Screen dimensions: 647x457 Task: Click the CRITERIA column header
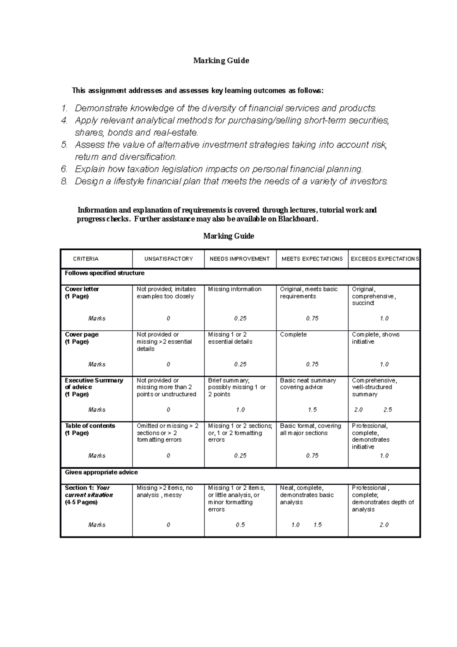click(x=86, y=259)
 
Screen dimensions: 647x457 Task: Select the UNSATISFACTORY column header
click(x=168, y=259)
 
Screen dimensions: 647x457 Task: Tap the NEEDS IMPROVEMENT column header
click(x=240, y=259)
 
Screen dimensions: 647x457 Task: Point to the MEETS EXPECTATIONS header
click(x=312, y=259)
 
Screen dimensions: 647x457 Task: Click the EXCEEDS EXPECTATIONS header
click(x=384, y=259)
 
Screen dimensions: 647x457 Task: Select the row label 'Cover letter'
click(x=82, y=289)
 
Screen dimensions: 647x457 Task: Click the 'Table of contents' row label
click(x=90, y=426)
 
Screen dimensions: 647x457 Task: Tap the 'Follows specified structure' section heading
click(x=104, y=273)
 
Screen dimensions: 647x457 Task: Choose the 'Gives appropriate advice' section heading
click(x=101, y=472)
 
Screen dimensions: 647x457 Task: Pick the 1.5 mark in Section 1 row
click(x=318, y=525)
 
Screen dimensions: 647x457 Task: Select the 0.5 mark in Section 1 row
click(x=240, y=525)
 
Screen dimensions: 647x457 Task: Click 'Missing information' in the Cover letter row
click(x=235, y=289)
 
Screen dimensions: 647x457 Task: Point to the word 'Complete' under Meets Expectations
click(x=293, y=335)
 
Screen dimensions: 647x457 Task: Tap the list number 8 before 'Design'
click(x=64, y=181)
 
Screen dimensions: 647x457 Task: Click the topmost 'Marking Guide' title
click(x=221, y=61)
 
